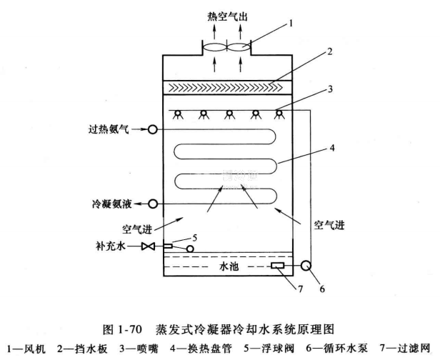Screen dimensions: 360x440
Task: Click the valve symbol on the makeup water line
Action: point(149,247)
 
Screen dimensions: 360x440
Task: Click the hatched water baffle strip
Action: point(227,87)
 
